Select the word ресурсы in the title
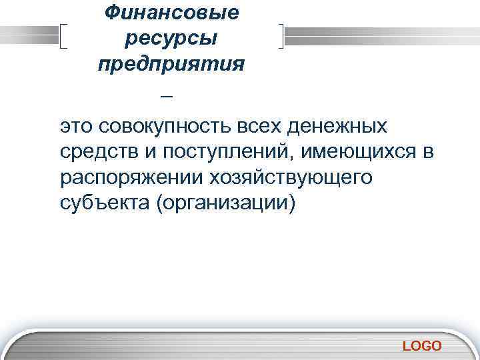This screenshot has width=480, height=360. [171, 38]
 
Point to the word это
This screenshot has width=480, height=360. [77, 127]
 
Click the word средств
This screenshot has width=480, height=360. [98, 153]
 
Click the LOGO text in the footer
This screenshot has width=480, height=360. [422, 345]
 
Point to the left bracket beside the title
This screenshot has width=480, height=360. [63, 35]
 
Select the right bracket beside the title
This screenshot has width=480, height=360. [283, 35]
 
